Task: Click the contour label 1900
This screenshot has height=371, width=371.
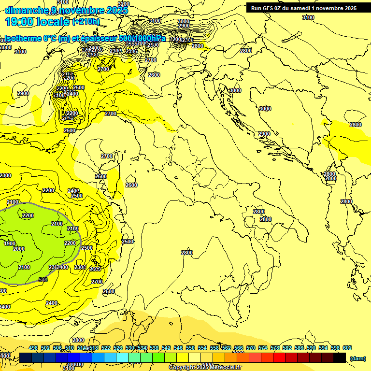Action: (10, 243)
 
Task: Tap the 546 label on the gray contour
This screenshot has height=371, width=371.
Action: (43, 279)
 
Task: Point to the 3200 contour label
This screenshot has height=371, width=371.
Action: (123, 4)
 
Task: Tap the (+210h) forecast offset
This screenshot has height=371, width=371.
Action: (86, 22)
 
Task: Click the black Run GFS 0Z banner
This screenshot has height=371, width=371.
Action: (303, 8)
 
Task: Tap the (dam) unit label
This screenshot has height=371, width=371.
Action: (357, 358)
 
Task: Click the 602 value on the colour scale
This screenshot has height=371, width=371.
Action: (347, 348)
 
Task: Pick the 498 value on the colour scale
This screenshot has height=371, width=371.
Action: (33, 348)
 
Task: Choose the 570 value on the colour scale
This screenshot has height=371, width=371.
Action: (251, 348)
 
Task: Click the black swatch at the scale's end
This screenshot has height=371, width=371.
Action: (340, 357)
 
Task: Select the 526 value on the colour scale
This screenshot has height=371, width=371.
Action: (118, 348)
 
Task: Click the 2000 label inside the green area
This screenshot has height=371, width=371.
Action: (19, 249)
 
